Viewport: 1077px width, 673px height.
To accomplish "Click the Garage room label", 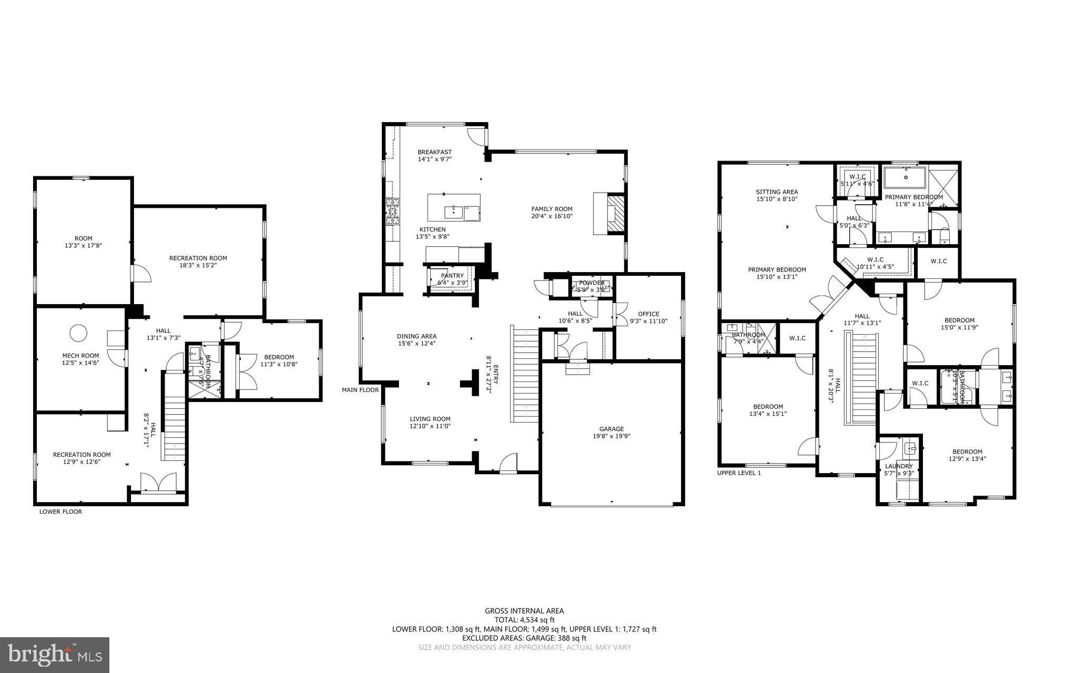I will [x=612, y=429].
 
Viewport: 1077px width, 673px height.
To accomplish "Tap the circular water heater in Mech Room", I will [x=78, y=333].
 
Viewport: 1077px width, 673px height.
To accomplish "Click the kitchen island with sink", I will [x=453, y=207].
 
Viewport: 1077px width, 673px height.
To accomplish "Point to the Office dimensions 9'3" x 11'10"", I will [x=648, y=321].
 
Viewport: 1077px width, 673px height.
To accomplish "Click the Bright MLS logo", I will [x=55, y=654].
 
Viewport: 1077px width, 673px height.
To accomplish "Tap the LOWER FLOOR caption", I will [x=60, y=511].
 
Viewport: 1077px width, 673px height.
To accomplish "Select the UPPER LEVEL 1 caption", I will [x=739, y=473].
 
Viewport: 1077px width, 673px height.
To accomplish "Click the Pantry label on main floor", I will [x=452, y=276].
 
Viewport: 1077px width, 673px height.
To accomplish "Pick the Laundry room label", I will [x=899, y=466].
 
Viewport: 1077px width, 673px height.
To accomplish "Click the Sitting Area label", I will [x=777, y=192].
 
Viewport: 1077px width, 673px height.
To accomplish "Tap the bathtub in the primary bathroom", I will [x=906, y=177].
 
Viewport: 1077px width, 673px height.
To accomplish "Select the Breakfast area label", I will [x=434, y=152].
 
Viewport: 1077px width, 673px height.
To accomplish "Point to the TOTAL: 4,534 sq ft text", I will [x=524, y=620].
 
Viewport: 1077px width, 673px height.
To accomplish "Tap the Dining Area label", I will [x=416, y=336].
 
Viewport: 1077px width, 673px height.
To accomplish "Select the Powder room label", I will [x=592, y=283].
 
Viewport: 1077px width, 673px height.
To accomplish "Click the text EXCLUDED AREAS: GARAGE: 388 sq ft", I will [x=524, y=638].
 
